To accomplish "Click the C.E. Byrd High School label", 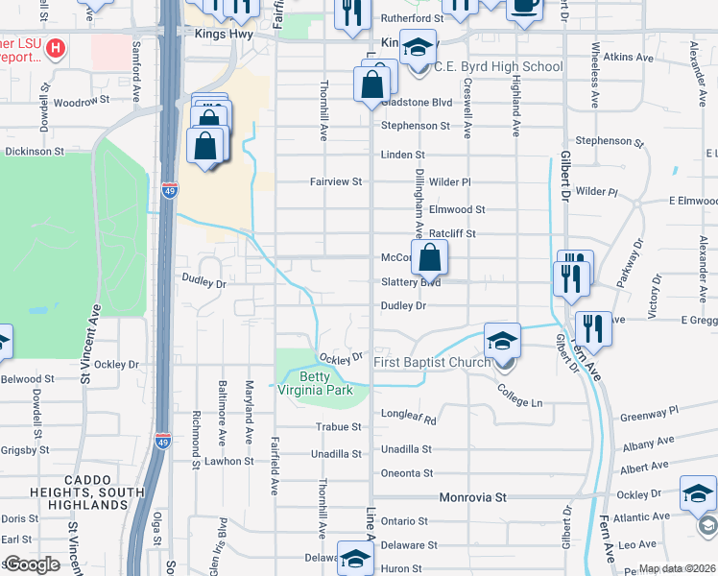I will [x=498, y=66].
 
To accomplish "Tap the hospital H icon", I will [x=57, y=47].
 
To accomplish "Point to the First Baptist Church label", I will [x=432, y=362].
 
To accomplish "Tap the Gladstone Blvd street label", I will [x=416, y=103].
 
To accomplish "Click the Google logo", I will [x=31, y=564].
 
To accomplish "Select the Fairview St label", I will [x=335, y=181].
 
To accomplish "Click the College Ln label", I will [x=519, y=394].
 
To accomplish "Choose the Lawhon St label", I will [x=227, y=461].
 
